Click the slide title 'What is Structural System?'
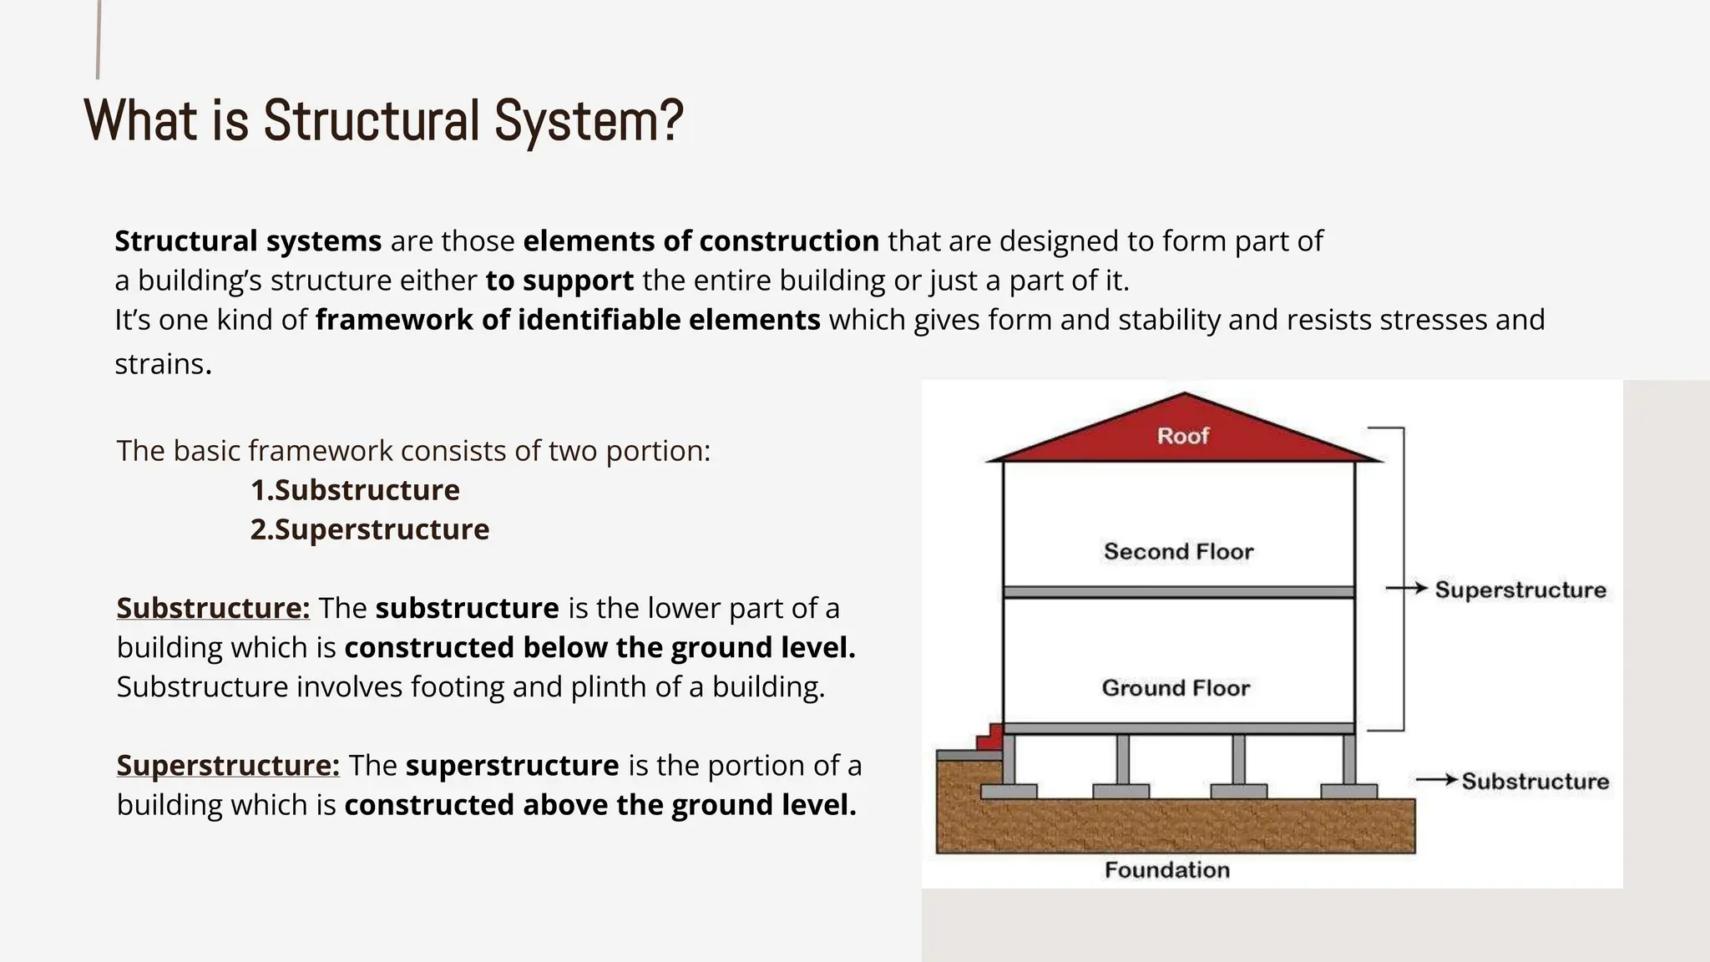tap(383, 121)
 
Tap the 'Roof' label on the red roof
tap(1182, 436)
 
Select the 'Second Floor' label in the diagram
tap(1178, 551)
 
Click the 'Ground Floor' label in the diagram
tap(1176, 688)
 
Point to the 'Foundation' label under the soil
tap(1166, 870)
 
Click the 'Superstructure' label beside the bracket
tap(1520, 590)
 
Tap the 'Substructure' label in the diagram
tap(1535, 782)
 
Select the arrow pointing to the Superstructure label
tap(1407, 589)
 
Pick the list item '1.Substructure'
tap(355, 490)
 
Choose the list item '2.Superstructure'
tap(370, 529)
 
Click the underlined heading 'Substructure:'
tap(213, 608)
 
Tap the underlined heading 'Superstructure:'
tap(228, 765)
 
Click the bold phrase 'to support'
tap(559, 281)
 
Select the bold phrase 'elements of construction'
tap(701, 241)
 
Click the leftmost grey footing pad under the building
tap(1009, 791)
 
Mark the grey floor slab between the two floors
tap(1178, 592)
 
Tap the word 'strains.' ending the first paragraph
tap(163, 364)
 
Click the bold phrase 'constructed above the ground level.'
tap(600, 805)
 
